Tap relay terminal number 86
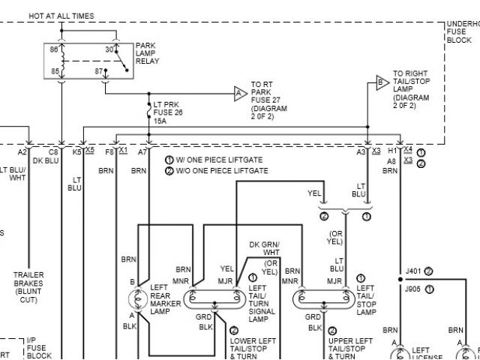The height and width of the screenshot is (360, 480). point(54,49)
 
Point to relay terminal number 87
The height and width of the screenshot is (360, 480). point(99,71)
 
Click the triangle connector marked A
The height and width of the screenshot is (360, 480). point(239,94)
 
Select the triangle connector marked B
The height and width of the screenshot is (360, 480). point(382,82)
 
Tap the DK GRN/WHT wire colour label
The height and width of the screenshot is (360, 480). point(264,249)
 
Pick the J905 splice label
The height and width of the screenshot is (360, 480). point(413,288)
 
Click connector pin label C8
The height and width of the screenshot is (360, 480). point(53,151)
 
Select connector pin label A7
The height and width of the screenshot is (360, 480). point(142,151)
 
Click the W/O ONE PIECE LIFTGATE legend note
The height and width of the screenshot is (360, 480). point(217,171)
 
